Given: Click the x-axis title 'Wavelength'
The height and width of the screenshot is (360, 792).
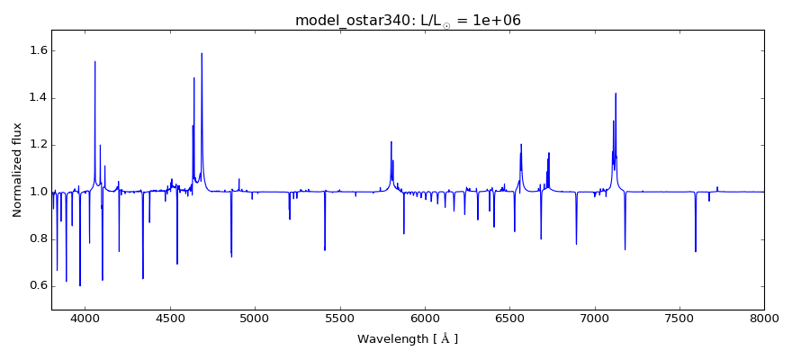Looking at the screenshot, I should [x=408, y=339].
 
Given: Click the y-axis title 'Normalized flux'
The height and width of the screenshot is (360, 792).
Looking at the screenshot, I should [x=17, y=170].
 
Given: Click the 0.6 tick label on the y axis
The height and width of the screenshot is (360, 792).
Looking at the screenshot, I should [x=35, y=286].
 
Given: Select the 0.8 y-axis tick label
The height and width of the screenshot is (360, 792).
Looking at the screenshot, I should [x=35, y=239].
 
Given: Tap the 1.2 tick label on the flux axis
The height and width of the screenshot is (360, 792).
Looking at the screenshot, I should [x=35, y=145].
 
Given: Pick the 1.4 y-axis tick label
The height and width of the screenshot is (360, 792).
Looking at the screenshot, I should [x=35, y=98].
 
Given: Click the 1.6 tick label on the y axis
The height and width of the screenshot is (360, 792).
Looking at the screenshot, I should [x=35, y=51].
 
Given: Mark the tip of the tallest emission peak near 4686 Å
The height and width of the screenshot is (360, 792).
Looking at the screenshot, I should [x=202, y=53].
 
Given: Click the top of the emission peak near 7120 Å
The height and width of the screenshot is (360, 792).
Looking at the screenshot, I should [x=616, y=93].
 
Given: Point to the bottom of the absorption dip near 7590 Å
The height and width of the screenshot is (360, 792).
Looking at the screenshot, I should [x=695, y=251].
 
